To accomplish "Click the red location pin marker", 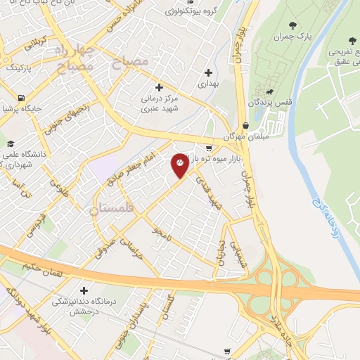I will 180,165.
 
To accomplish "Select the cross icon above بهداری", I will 209,72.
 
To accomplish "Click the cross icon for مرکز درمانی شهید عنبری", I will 159,87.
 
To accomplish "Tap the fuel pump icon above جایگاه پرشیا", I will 22,98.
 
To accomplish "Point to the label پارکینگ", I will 20,68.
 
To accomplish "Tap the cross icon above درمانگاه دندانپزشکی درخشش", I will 85,290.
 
